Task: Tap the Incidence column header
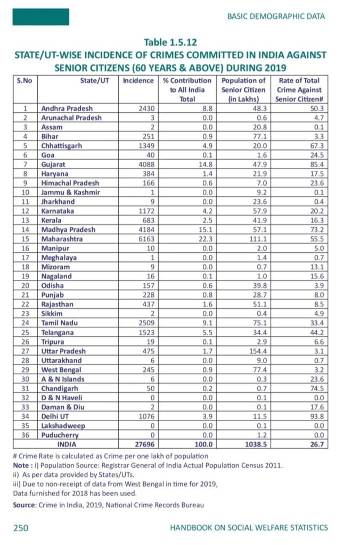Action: [138, 81]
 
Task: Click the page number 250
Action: [21, 528]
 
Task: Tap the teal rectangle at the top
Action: [41, 17]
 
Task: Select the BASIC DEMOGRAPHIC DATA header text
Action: [275, 17]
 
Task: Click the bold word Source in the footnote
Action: [24, 505]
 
